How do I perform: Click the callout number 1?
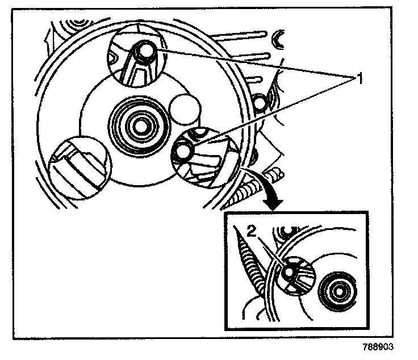click(358, 78)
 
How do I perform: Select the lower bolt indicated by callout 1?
click(183, 152)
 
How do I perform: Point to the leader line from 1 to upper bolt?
click(250, 63)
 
